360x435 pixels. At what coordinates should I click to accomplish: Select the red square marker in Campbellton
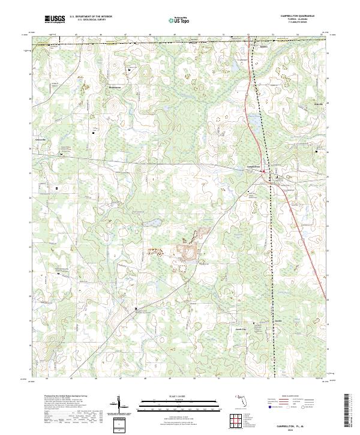(x=263, y=172)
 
